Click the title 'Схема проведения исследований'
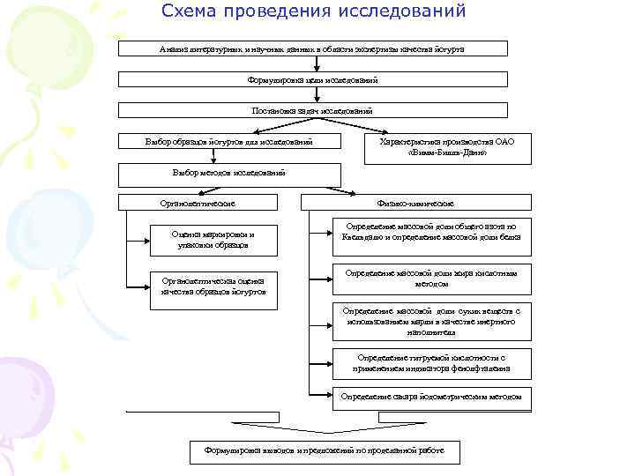point(314,12)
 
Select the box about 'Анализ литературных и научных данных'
point(313,48)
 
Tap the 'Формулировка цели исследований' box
point(313,79)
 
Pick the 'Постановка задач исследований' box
point(313,110)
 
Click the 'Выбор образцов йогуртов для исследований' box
point(228,141)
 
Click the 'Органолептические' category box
point(203,204)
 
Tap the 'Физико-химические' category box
point(416,204)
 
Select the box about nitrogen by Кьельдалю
point(431,232)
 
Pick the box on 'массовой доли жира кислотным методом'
point(431,279)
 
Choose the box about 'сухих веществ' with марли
point(431,323)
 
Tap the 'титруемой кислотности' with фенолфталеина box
point(431,362)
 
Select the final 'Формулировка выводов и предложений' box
point(324,451)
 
